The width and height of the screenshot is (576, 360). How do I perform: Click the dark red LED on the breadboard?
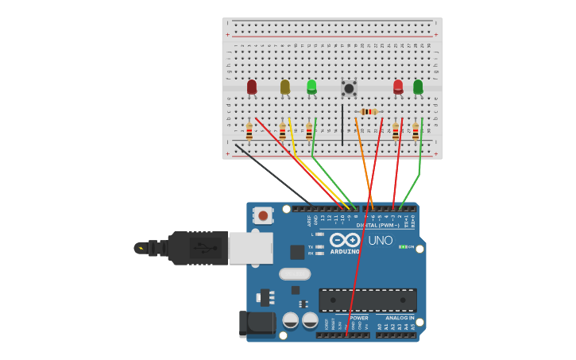click(x=252, y=87)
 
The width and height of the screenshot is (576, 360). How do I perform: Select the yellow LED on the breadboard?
click(x=285, y=87)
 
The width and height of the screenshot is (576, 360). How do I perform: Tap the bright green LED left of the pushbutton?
click(x=311, y=86)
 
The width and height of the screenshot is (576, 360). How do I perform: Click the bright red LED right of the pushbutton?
click(x=398, y=87)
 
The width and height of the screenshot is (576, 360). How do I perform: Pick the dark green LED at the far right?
click(x=418, y=87)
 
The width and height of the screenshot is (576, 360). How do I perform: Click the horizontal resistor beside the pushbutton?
click(x=369, y=112)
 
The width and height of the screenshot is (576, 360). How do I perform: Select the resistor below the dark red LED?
click(x=249, y=131)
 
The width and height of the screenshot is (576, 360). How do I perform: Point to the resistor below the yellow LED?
click(x=282, y=131)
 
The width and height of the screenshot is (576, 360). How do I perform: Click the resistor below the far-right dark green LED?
click(x=416, y=131)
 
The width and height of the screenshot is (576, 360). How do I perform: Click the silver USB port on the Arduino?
click(x=250, y=248)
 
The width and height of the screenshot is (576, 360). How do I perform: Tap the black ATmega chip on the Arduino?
click(x=367, y=300)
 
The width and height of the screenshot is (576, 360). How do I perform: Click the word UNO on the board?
click(x=380, y=240)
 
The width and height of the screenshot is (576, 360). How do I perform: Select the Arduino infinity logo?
click(x=345, y=239)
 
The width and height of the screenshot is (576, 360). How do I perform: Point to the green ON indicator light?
click(x=403, y=247)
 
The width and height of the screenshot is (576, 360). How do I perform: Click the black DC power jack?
click(x=257, y=323)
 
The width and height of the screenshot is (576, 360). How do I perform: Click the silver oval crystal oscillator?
click(x=295, y=274)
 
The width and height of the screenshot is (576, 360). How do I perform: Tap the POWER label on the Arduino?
click(x=358, y=318)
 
